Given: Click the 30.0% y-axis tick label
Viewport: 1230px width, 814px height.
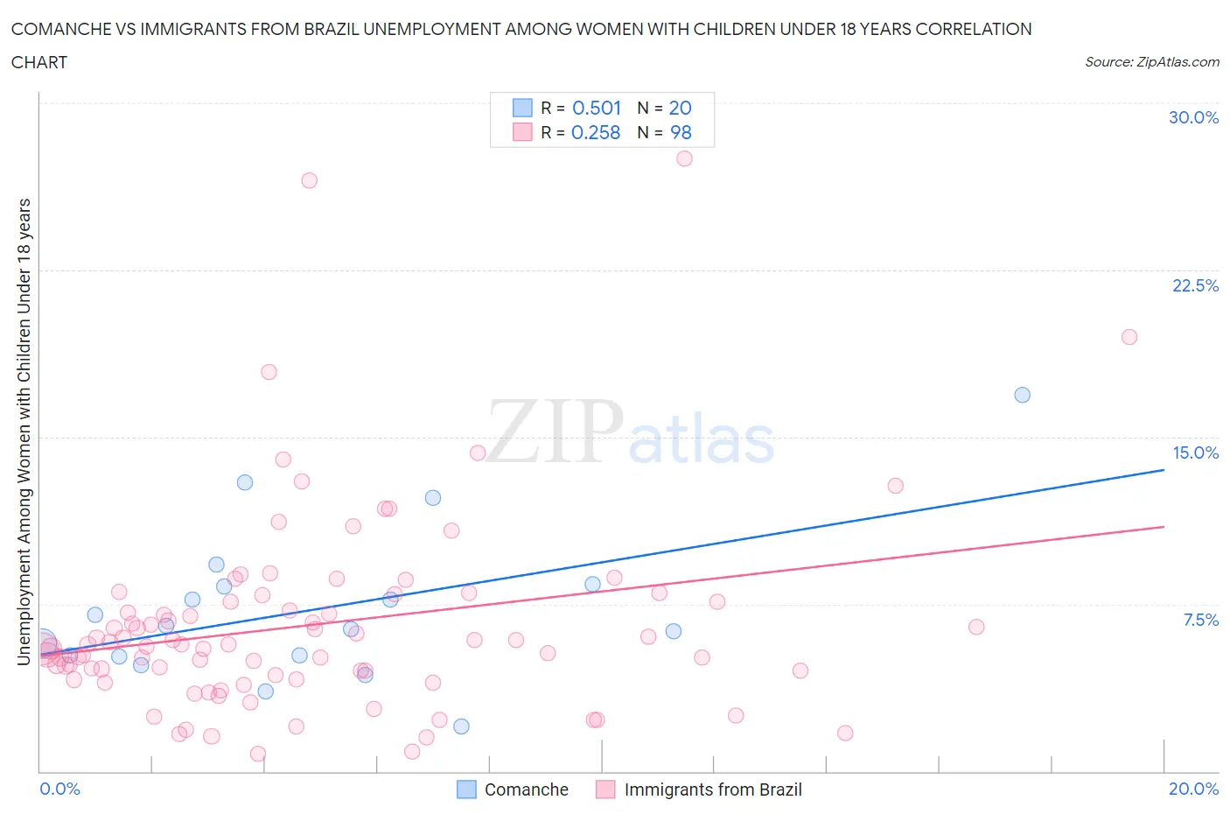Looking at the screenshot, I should tap(1193, 117).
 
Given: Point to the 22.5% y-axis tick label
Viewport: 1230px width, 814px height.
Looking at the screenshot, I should tap(1194, 285).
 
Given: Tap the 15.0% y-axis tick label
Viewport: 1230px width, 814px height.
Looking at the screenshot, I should tap(1194, 453).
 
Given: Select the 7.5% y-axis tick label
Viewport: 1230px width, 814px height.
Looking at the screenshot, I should tap(1199, 620).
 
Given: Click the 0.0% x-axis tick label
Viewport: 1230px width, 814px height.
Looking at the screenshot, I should tap(59, 789).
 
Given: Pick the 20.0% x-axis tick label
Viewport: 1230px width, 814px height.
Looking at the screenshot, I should tap(1193, 789).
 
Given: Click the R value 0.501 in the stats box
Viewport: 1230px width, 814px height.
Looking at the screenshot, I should tap(596, 108).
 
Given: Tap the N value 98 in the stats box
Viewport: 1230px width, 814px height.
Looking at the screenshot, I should tap(681, 132).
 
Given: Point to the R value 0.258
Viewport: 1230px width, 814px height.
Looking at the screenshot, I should tap(595, 132).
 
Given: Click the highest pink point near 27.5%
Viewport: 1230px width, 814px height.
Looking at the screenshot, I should tap(684, 158).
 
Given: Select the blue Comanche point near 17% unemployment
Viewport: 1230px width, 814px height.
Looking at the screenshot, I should tap(1022, 395).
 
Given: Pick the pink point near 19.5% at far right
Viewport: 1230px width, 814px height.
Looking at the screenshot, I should tap(1129, 337).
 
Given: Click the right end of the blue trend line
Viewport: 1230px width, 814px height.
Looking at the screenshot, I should tap(1164, 470).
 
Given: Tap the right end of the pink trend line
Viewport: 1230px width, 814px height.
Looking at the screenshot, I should tap(1164, 527).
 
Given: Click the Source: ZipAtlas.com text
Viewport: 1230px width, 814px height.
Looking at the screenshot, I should tap(1151, 61).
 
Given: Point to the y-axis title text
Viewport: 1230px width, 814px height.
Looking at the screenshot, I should tap(24, 432).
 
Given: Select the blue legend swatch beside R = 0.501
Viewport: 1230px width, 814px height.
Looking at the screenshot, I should tap(522, 108).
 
